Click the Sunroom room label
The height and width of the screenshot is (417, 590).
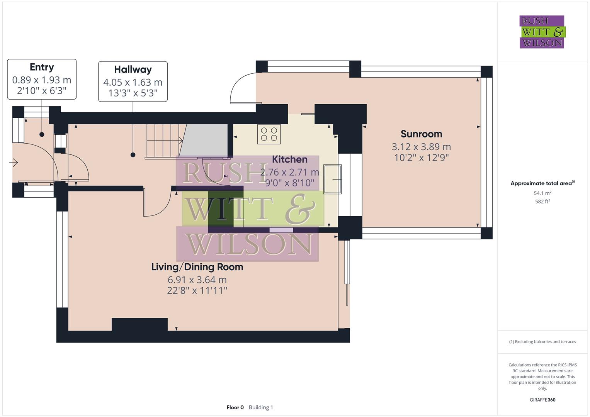(421, 134)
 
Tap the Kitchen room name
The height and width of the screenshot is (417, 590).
(290, 159)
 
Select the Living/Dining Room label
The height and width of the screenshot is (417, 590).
(197, 267)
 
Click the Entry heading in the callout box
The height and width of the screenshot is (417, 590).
(42, 67)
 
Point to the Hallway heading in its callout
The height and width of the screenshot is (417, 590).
(133, 69)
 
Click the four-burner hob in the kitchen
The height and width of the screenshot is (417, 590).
(269, 134)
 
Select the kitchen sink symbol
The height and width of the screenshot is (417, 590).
(333, 179)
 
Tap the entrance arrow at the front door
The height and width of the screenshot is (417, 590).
(14, 163)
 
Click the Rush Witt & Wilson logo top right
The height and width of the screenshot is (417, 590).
(542, 32)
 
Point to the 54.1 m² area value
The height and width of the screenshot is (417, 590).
(542, 193)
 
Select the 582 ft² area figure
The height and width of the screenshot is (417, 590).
(542, 202)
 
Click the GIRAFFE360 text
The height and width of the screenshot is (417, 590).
(542, 400)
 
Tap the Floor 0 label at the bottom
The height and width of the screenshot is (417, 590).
(235, 407)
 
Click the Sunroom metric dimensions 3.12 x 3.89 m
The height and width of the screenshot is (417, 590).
(421, 147)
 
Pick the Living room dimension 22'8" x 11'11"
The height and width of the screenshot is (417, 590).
(197, 290)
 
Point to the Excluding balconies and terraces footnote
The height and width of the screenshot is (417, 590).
(542, 342)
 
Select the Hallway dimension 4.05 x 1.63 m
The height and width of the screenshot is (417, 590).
(133, 82)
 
